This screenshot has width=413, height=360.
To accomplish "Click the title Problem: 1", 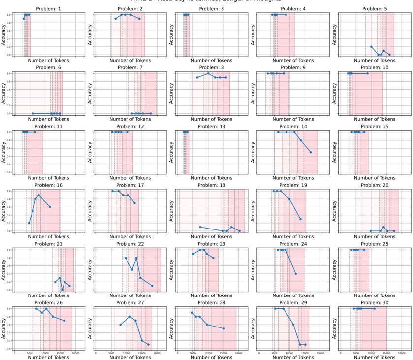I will tap(49, 9).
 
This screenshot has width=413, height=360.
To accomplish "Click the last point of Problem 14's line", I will tap(311, 152).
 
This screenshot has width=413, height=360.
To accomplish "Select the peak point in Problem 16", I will tap(39, 195).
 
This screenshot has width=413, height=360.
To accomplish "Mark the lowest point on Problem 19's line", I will tap(300, 219).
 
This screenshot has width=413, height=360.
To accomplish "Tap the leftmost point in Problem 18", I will tap(200, 227).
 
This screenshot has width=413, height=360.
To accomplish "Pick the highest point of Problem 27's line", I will tap(130, 317).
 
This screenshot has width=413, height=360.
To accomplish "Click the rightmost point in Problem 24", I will tap(296, 274).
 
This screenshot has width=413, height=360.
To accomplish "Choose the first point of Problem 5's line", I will tap(371, 47).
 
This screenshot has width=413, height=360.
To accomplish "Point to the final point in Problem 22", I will tap(152, 286).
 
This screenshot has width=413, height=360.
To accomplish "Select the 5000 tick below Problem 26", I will tap(30, 353).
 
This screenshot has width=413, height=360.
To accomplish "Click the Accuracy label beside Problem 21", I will tap(4, 270).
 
